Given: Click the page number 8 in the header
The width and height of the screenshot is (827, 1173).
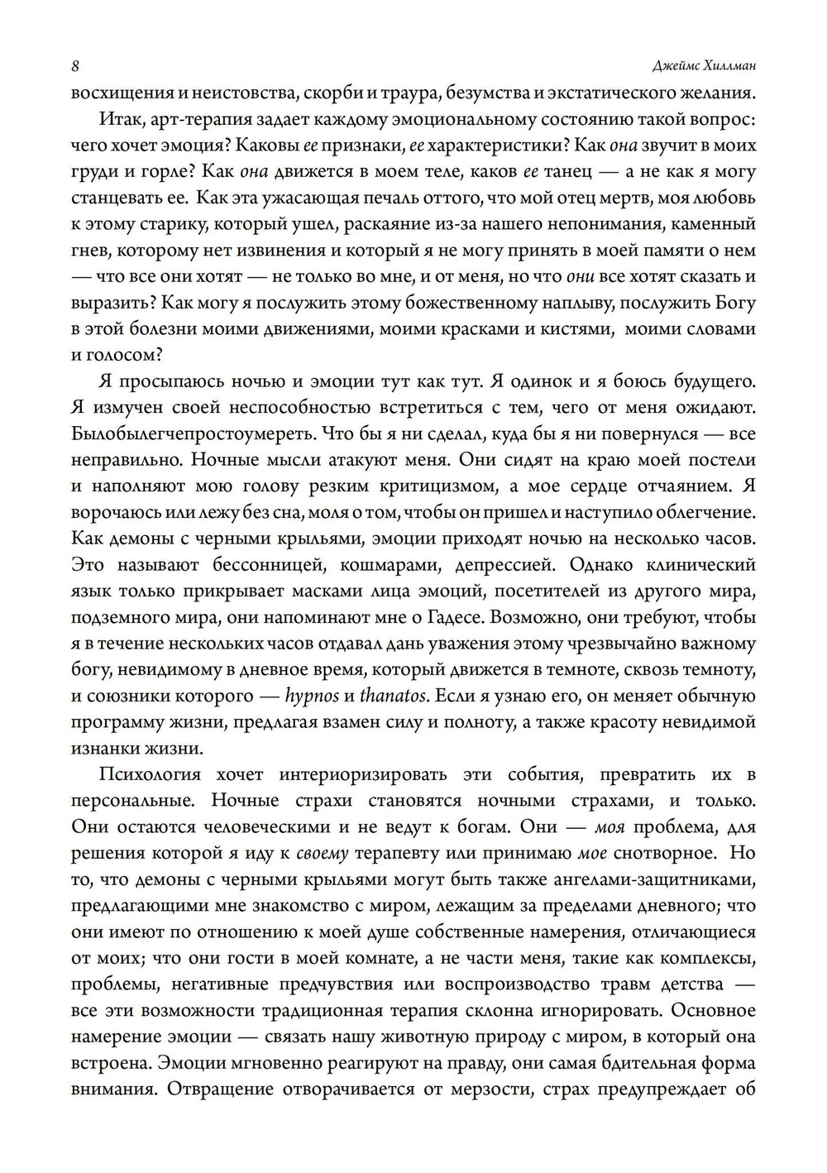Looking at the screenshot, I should [x=75, y=67].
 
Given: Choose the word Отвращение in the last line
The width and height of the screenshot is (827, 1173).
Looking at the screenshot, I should [x=218, y=1089].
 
